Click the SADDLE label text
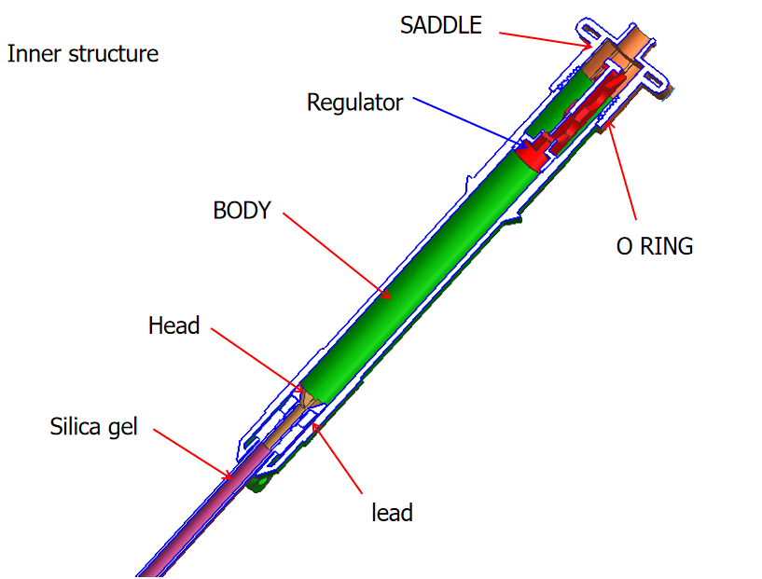point(440,25)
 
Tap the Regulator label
point(354,102)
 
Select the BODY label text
point(242,211)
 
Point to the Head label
point(173,325)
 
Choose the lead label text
point(391,512)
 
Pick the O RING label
point(655,246)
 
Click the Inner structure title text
point(83,53)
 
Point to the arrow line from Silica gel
point(191,453)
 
